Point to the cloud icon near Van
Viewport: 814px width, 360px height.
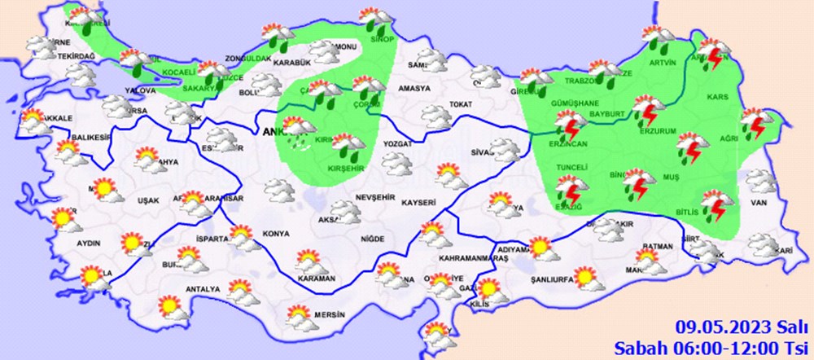(761, 180)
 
